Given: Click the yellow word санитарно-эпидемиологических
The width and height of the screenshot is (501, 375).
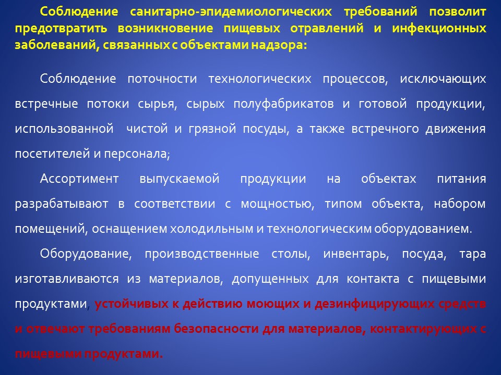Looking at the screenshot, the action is tap(231, 12).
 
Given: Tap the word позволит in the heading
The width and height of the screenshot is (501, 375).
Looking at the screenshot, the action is tap(458, 11).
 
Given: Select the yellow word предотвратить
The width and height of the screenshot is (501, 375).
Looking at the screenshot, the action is tap(61, 28).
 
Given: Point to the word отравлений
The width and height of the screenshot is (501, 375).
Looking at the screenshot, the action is tap(327, 28).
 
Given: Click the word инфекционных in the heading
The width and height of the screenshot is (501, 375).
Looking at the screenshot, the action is tap(439, 28).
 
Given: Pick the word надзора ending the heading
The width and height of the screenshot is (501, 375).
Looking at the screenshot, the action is tap(279, 45).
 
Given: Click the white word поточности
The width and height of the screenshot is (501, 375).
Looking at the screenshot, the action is tap(162, 79).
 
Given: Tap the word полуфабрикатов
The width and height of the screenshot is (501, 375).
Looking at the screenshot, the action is tap(283, 104).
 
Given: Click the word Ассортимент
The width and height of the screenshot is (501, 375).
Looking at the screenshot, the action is tap(79, 179).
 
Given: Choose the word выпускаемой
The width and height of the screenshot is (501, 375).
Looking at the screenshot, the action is tap(180, 179).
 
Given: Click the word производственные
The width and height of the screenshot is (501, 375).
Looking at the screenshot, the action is tap(202, 254).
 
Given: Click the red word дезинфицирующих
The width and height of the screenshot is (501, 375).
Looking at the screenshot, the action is tap(375, 304).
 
